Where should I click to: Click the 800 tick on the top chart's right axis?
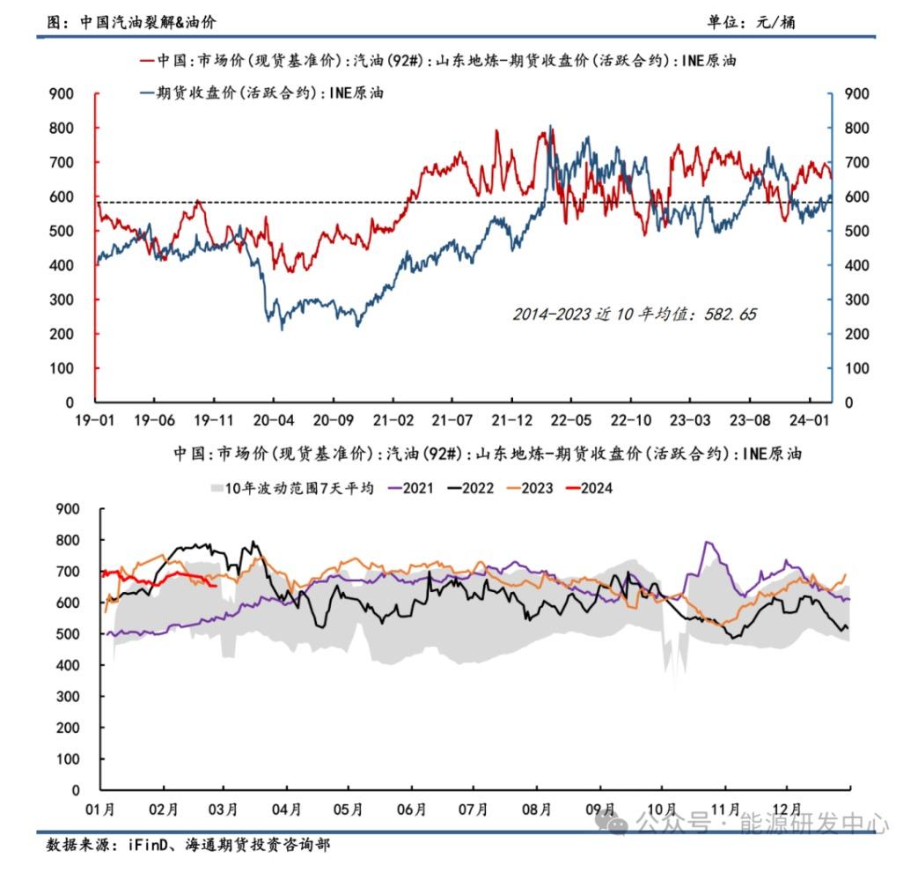click(856, 128)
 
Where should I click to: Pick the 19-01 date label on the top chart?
click(96, 420)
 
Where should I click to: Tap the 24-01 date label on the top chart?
click(812, 420)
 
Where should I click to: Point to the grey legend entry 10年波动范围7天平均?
click(292, 487)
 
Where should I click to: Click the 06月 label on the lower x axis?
click(412, 810)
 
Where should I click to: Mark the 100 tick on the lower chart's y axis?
click(69, 759)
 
